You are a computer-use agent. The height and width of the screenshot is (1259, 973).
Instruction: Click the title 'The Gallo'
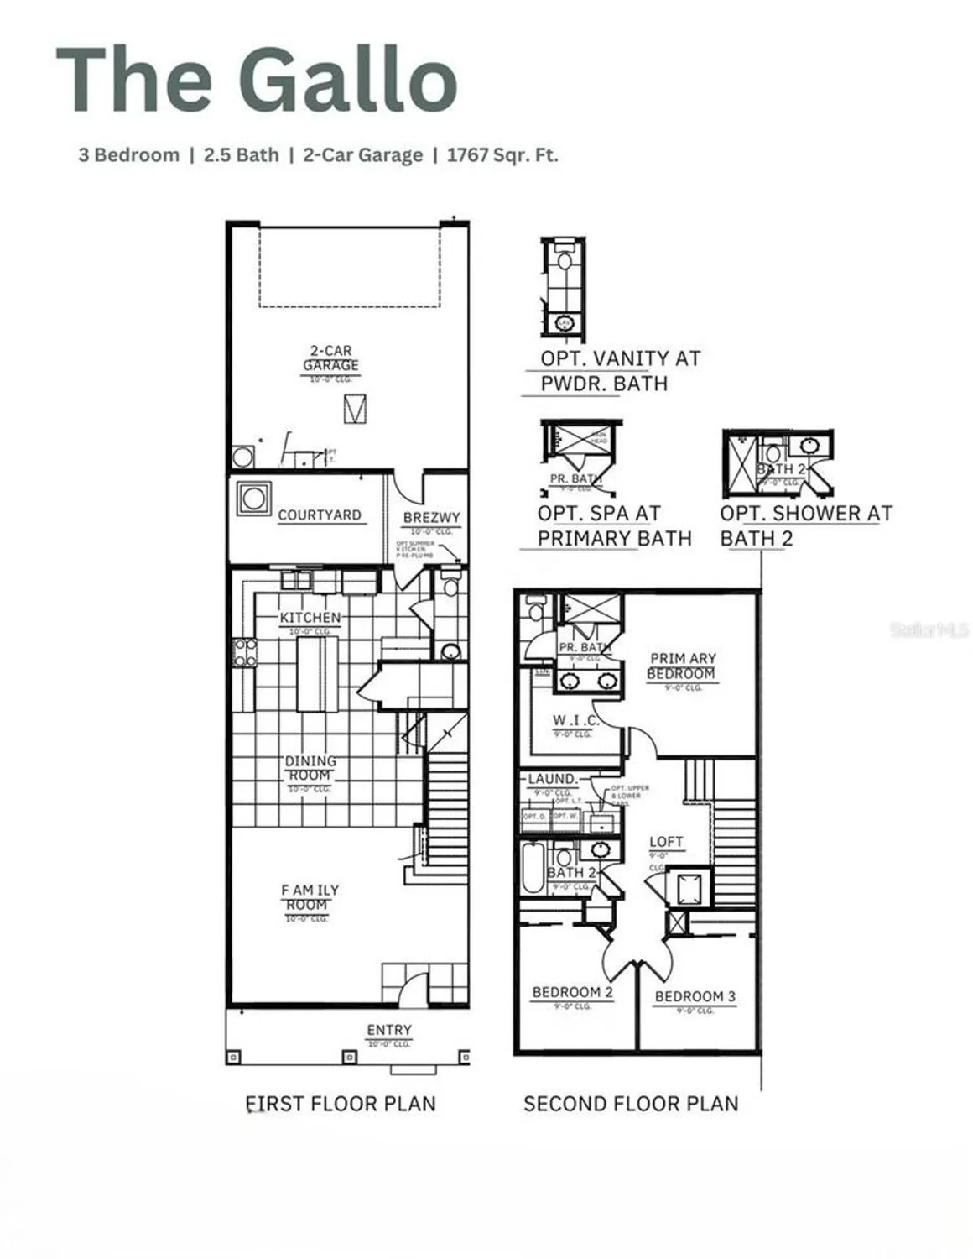[x=257, y=79]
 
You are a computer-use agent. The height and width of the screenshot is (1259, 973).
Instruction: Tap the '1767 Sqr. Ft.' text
[x=502, y=155]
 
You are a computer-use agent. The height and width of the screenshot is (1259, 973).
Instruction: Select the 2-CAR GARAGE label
[x=330, y=358]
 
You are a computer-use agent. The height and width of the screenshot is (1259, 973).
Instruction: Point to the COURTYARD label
[x=319, y=515]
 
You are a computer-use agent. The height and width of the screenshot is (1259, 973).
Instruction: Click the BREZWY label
[x=431, y=518]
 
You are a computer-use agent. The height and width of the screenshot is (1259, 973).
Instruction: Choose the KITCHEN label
[x=310, y=618]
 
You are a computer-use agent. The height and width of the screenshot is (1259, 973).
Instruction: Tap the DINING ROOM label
[x=310, y=768]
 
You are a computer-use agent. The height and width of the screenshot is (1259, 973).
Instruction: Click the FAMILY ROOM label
[x=309, y=897]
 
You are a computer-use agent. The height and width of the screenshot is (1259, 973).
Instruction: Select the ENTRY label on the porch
[x=389, y=1030]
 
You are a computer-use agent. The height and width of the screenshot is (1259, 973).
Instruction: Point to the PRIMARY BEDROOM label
[x=682, y=666]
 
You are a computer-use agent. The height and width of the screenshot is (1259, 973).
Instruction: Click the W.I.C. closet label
[x=575, y=720]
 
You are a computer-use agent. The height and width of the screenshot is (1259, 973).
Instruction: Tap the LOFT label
[x=666, y=842]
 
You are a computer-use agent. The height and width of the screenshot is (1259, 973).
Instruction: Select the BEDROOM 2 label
[x=572, y=992]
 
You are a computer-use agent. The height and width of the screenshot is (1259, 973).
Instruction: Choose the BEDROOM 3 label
[x=695, y=996]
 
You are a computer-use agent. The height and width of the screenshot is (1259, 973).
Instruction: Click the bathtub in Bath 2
[x=533, y=870]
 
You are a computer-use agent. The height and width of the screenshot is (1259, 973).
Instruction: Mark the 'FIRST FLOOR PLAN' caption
[x=341, y=1104]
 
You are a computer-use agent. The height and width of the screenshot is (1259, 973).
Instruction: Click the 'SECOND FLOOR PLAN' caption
[x=631, y=1104]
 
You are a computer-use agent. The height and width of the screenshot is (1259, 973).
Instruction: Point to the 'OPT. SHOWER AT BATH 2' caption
[x=805, y=525]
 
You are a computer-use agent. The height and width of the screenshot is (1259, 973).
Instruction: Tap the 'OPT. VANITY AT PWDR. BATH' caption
[x=619, y=370]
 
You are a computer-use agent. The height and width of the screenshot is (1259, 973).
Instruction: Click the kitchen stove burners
[x=245, y=653]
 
